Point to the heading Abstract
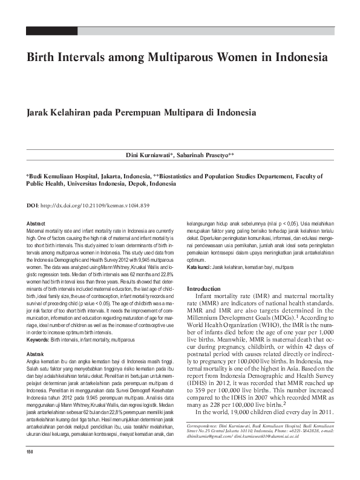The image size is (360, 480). (36, 224)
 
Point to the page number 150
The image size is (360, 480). (30, 470)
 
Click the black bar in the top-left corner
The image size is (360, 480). (53, 30)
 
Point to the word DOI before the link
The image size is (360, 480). (32, 206)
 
